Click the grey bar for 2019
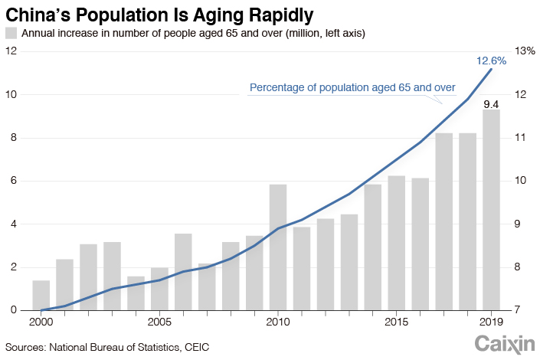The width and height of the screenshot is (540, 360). [491, 210]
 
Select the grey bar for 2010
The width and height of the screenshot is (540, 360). [278, 247]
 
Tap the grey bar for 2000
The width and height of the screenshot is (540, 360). [41, 296]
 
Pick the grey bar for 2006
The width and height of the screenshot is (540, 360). [183, 272]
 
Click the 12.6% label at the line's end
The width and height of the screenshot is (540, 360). [491, 60]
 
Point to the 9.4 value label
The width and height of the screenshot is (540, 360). [491, 104]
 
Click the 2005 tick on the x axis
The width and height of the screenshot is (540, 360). [159, 321]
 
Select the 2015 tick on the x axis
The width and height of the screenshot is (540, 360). [396, 321]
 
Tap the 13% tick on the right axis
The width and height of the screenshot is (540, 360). [525, 51]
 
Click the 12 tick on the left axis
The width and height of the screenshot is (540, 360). [11, 51]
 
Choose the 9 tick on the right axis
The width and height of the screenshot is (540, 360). [521, 224]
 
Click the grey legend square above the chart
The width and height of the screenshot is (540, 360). [11, 33]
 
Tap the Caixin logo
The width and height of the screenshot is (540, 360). [502, 345]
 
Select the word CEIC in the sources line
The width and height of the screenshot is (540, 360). [195, 347]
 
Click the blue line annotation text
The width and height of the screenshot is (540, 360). [353, 88]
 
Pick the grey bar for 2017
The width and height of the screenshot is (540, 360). [443, 221]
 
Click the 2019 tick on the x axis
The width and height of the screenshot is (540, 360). [491, 321]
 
